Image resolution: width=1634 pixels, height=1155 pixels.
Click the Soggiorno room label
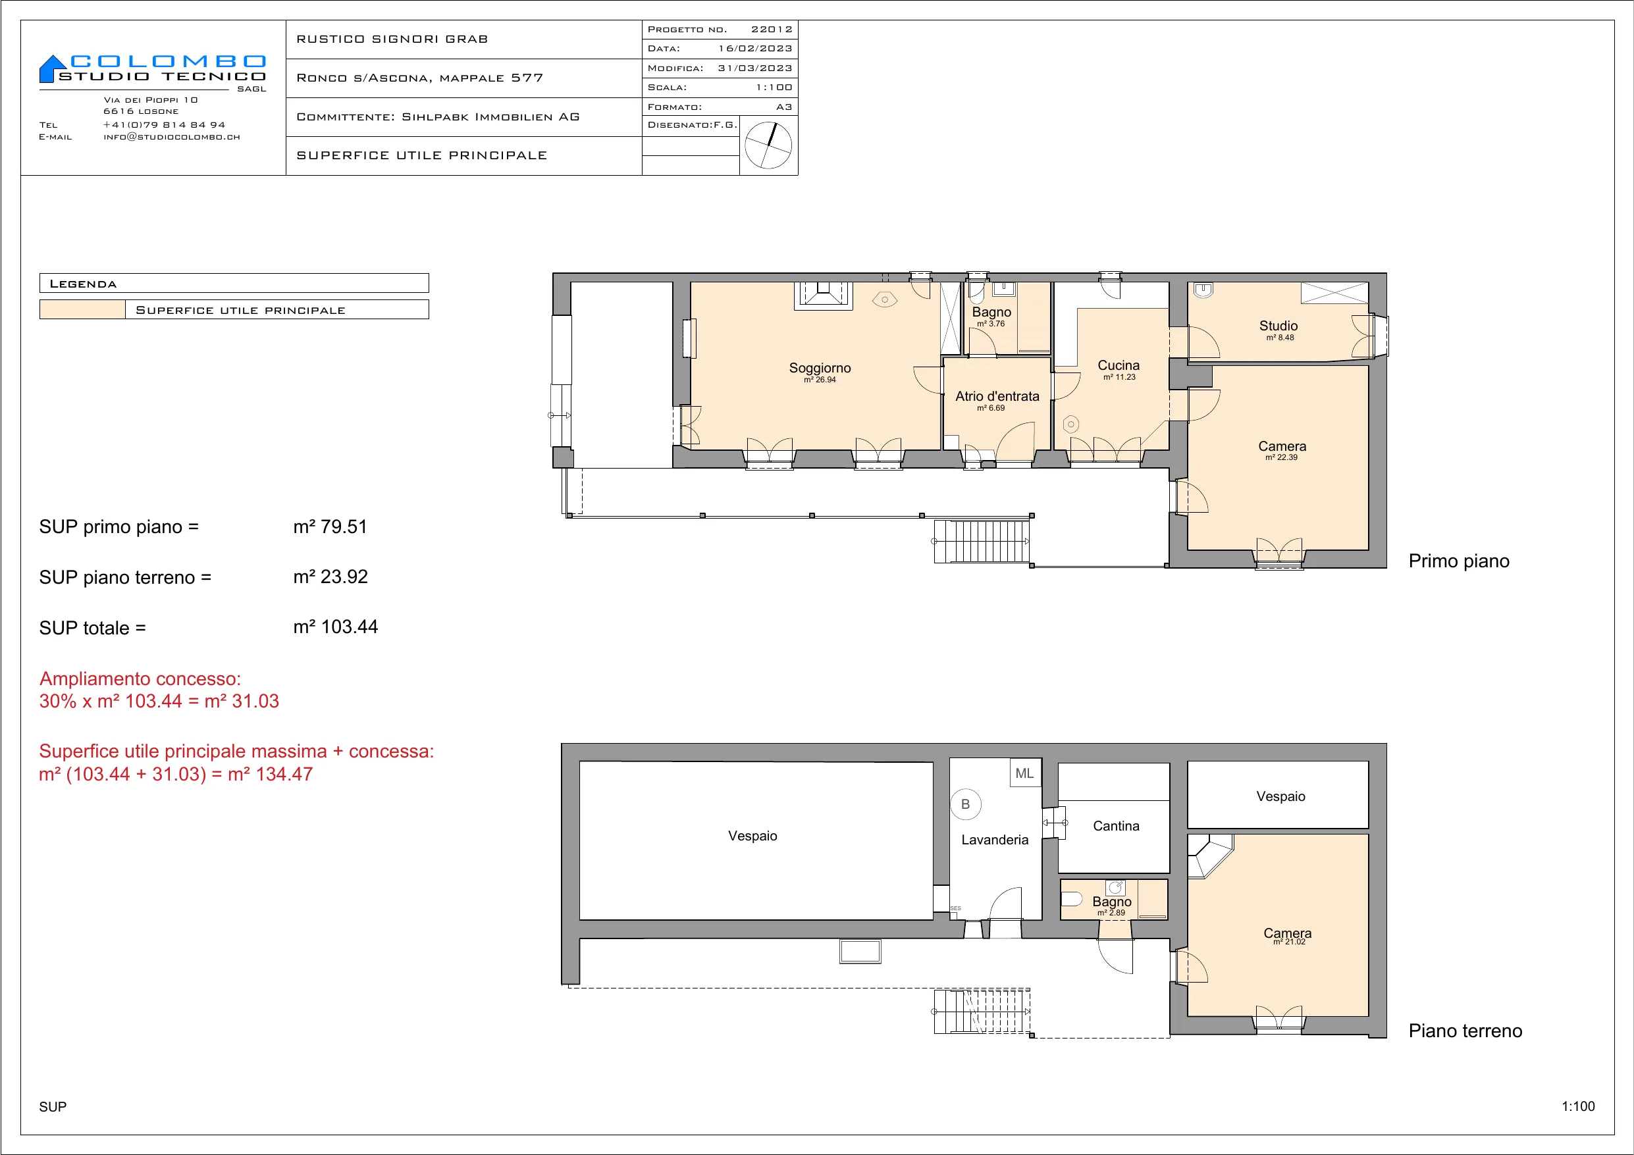coord(820,368)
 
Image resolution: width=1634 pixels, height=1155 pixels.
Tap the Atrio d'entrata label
coord(997,396)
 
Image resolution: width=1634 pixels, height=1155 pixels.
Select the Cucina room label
coord(1119,365)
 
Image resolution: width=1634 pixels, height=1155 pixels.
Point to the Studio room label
coord(1279,326)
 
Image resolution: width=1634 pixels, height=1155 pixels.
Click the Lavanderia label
coord(995,840)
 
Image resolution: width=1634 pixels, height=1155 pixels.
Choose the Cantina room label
coord(1116,825)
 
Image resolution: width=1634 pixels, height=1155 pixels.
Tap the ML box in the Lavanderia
coord(1025,773)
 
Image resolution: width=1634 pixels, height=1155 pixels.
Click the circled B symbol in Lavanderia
coord(966,804)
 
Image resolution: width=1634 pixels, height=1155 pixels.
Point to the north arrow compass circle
coord(768,145)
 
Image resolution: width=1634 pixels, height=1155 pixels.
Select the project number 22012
coord(772,29)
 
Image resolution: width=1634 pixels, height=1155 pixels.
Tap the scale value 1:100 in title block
coord(774,88)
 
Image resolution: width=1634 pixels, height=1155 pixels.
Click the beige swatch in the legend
coord(82,309)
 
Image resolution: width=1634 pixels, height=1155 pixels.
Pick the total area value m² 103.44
coord(335,627)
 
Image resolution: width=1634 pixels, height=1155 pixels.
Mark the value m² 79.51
coord(330,526)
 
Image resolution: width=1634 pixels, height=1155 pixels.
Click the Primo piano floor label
coord(1459,561)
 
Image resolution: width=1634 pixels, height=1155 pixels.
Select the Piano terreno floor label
coord(1465,1031)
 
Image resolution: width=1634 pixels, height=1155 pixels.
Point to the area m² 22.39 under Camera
coord(1281,457)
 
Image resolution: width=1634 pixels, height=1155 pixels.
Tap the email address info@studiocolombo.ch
coord(172,137)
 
